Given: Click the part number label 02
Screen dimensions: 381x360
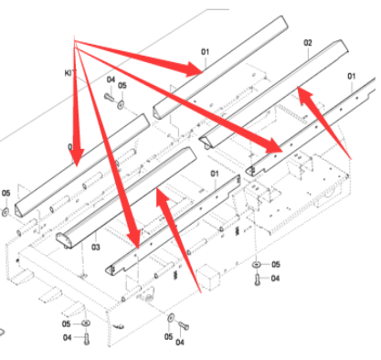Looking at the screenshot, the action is tap(308, 43).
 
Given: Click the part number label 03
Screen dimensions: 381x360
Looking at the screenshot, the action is tap(96, 247).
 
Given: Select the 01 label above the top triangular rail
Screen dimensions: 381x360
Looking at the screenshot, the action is tap(205, 52).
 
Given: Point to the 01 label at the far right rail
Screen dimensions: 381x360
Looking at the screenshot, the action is tap(352, 76).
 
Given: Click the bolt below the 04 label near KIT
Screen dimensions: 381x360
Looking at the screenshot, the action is tap(110, 97).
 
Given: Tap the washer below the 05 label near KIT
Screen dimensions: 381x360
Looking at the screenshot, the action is tap(121, 105).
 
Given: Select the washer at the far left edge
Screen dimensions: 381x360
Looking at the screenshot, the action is tap(5, 212).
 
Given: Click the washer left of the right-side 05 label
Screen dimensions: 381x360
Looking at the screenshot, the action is tap(257, 264).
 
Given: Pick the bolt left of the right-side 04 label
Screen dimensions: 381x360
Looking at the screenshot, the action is tap(258, 280).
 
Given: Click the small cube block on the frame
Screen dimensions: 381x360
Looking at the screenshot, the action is tap(208, 277).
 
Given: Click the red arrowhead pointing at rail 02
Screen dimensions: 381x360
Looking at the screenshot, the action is tap(304, 95).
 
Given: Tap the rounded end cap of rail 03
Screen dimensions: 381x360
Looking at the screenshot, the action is tap(65, 239).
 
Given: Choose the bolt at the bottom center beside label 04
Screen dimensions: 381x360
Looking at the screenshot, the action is tap(184, 325).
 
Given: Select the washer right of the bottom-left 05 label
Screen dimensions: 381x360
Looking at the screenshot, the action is tap(86, 323).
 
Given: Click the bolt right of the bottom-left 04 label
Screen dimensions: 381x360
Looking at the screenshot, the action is tap(87, 339).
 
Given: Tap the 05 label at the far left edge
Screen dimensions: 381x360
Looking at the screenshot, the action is tap(5, 193).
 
